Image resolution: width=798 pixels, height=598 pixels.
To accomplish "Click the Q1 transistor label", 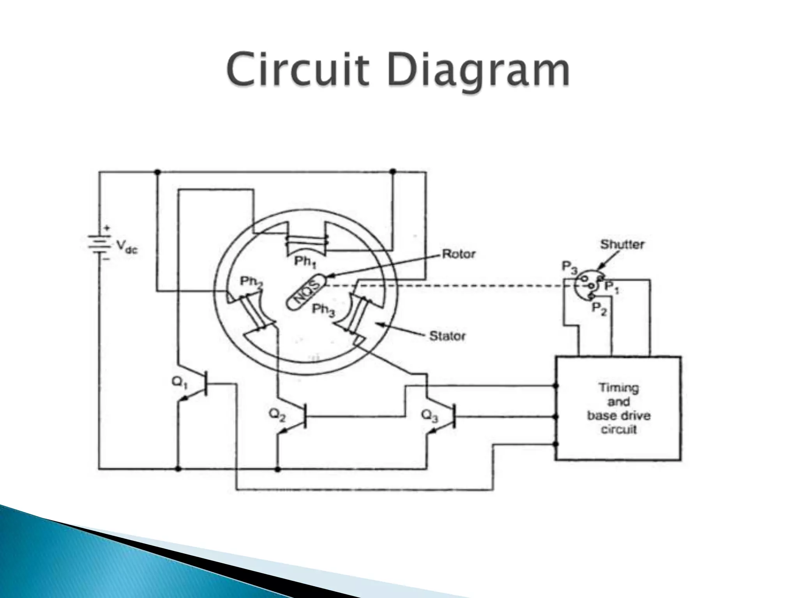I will (180, 383).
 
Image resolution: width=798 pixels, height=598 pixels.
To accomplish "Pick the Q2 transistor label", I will (277, 416).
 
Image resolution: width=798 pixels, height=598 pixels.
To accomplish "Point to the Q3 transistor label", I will (430, 416).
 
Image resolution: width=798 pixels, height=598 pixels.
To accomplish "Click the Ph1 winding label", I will (305, 262).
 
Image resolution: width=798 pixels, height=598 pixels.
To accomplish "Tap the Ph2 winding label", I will (251, 282).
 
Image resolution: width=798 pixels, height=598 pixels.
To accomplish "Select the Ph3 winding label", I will (323, 310).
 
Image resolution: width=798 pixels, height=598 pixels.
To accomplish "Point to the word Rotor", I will (459, 254).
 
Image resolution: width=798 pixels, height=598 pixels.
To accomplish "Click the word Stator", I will (447, 336).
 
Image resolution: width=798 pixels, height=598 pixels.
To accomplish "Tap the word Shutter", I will (622, 244).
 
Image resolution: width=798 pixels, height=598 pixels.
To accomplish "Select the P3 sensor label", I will (569, 267).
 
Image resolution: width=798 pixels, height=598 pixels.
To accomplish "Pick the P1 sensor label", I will (611, 288).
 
